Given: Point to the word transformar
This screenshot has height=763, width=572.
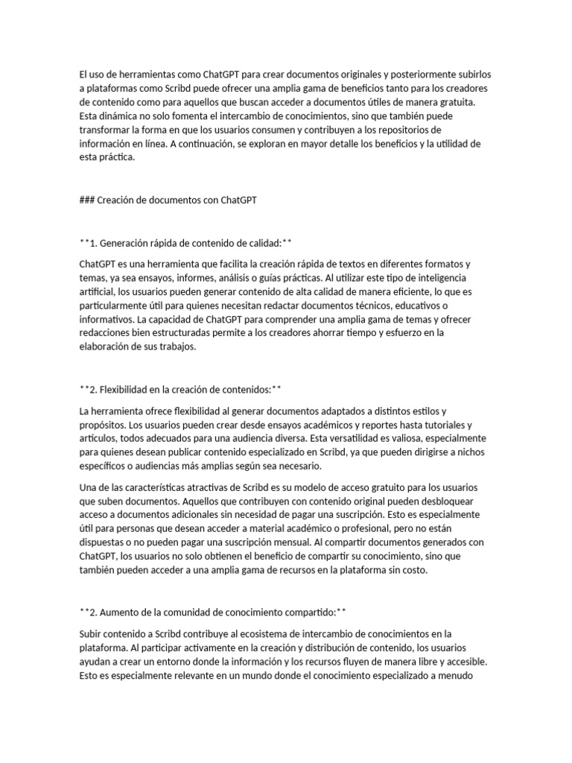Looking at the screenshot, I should coord(105,130).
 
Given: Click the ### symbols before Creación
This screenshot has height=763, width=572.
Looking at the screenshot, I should coord(88,200).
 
